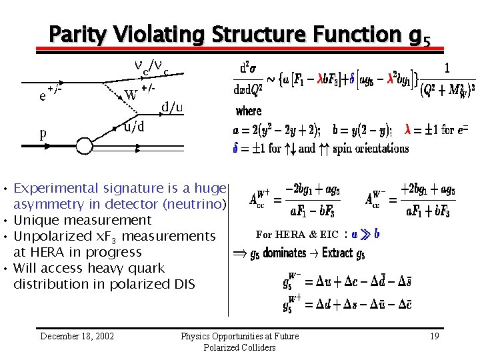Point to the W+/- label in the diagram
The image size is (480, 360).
click(140, 94)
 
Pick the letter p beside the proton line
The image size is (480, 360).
click(43, 133)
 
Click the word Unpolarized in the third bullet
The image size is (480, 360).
click(51, 236)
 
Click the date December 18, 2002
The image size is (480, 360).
click(77, 336)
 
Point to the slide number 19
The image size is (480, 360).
click(434, 336)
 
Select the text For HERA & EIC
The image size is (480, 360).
click(297, 234)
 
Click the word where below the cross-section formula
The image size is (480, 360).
click(249, 111)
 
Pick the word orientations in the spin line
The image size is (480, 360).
click(379, 148)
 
